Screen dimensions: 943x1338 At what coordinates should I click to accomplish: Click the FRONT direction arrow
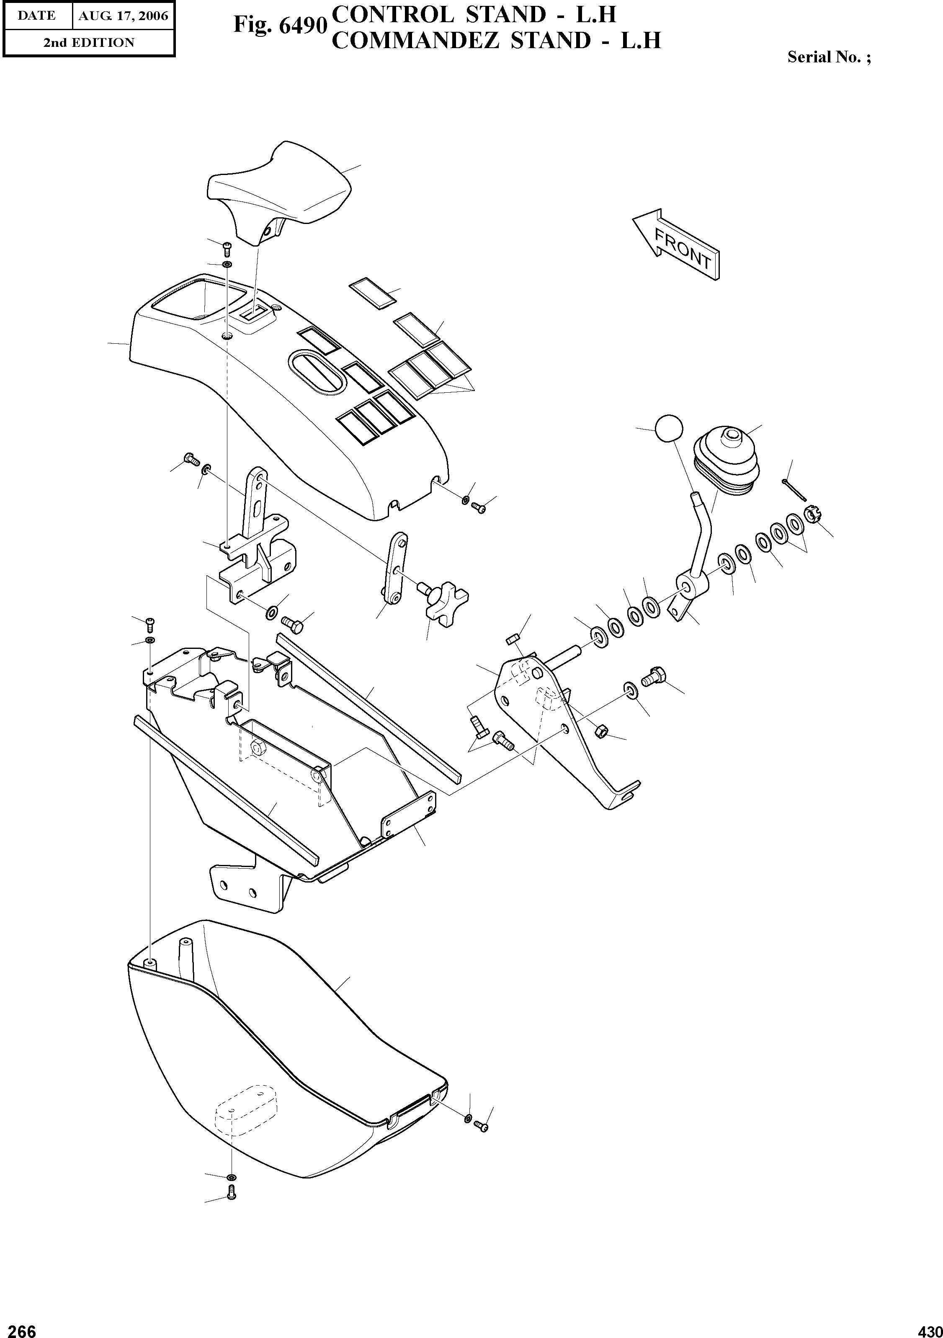[x=677, y=245]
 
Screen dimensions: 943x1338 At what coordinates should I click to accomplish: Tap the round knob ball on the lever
[x=668, y=430]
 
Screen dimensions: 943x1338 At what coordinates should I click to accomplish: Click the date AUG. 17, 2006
[x=123, y=16]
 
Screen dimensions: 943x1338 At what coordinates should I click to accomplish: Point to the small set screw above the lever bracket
[x=512, y=641]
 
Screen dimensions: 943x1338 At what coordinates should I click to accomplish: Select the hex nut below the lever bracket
[x=603, y=731]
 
